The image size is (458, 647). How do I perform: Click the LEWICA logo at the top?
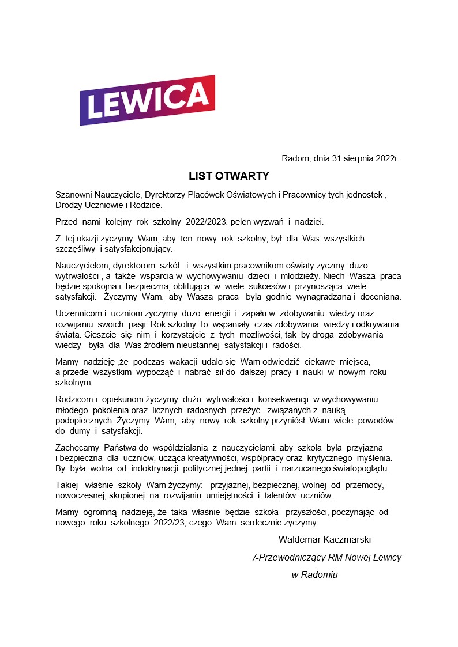[x=147, y=100]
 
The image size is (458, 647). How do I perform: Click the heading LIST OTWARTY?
[x=229, y=176]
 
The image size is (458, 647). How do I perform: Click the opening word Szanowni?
[x=74, y=195]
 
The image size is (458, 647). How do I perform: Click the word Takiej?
[x=66, y=485]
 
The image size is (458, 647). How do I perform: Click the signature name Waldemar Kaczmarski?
[x=324, y=540]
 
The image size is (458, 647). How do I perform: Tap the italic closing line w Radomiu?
[x=314, y=574]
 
